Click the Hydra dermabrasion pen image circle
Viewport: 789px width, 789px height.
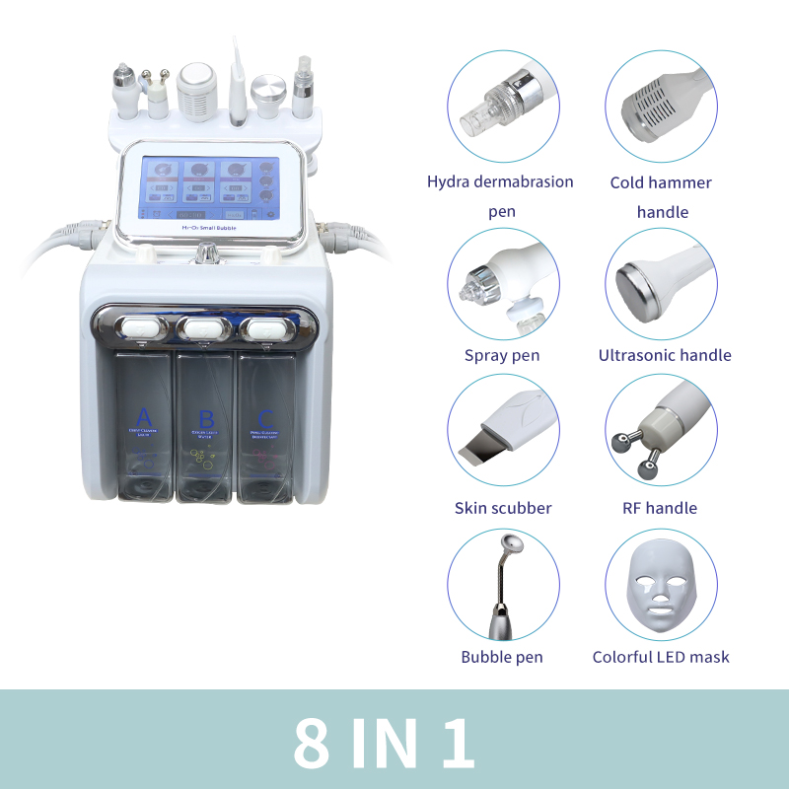504,108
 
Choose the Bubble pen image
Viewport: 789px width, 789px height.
504,586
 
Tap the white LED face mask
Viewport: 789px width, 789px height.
659,588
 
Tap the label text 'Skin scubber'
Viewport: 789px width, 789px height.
503,509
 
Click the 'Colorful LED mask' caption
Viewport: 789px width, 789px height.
661,657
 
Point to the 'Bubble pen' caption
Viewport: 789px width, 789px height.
502,657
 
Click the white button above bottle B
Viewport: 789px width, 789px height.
206,325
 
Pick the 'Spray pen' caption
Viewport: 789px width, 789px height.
502,355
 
